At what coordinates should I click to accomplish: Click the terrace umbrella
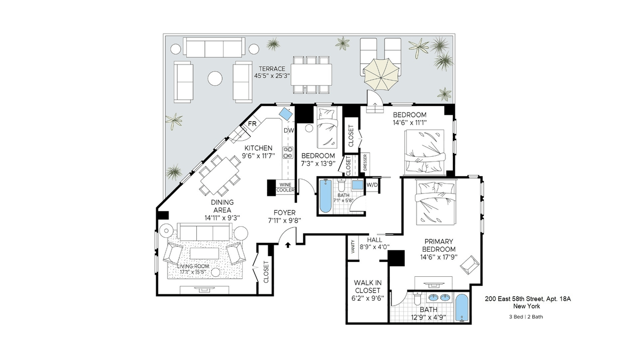[x=381, y=75]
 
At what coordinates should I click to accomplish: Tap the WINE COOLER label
[x=285, y=187]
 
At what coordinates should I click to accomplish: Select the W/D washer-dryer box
[x=372, y=185]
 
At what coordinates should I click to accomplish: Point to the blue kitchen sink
[x=285, y=114]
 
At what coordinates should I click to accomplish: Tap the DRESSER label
[x=365, y=162]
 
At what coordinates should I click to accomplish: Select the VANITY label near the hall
[x=353, y=247]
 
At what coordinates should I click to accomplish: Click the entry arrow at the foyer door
[x=288, y=245]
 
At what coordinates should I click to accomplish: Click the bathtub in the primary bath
[x=462, y=308]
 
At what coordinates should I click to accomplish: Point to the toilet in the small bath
[x=341, y=185]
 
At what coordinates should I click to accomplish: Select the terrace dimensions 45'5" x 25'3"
[x=272, y=76]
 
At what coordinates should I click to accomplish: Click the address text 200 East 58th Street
[x=514, y=299]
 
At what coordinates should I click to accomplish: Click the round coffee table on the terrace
[x=215, y=78]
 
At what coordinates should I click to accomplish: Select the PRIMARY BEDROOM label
[x=438, y=245]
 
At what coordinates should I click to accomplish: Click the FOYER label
[x=284, y=213]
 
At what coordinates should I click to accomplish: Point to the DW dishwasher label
[x=289, y=131]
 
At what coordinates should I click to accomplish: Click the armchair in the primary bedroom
[x=469, y=265]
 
